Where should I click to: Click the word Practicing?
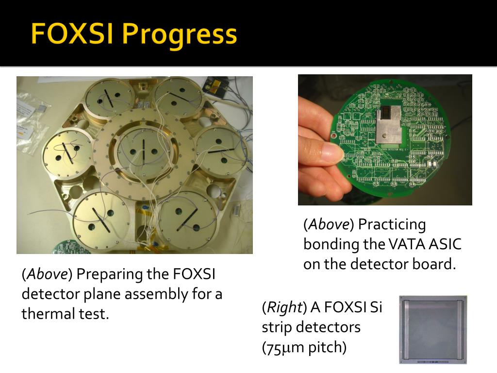click(x=392, y=224)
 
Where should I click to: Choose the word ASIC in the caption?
click(x=444, y=244)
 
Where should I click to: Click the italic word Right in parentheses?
click(x=283, y=308)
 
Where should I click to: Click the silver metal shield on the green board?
click(x=394, y=125)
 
